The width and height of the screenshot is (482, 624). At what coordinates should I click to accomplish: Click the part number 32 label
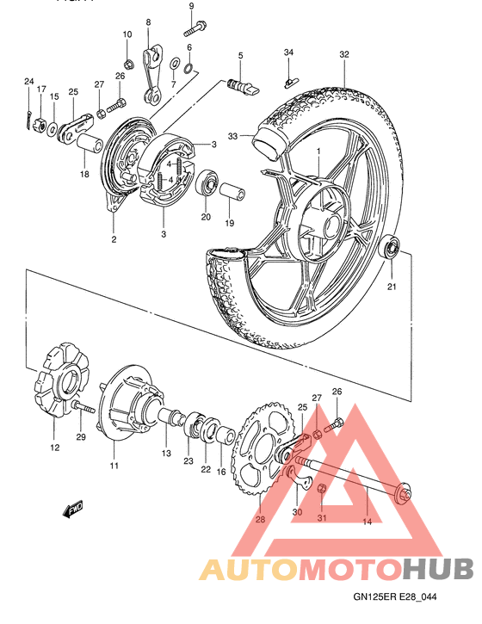pyautogui.click(x=344, y=54)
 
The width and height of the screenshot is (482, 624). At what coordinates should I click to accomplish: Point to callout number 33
pyautogui.click(x=232, y=136)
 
